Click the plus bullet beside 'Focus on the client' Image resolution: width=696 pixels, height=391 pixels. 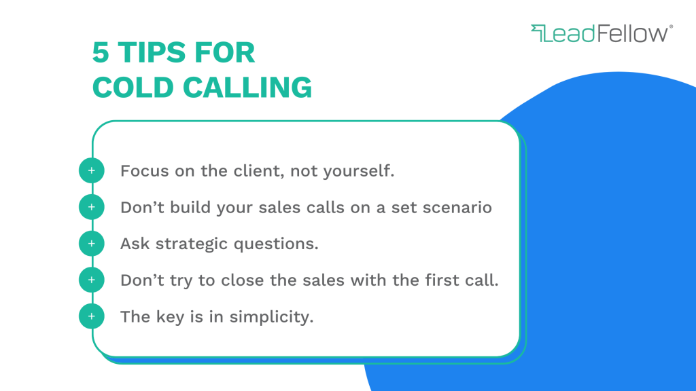tap(92, 170)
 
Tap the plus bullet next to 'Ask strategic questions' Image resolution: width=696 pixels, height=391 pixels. tap(92, 244)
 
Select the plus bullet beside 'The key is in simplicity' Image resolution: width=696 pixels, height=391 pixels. tap(92, 316)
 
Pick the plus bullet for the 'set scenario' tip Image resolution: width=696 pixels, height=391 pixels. tap(92, 207)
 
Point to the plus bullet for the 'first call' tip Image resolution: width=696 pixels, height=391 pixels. tap(92, 280)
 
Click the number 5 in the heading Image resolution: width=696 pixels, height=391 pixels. tap(101, 52)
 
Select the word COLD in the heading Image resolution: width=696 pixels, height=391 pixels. tap(133, 87)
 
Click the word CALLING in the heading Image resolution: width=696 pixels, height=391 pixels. tap(247, 87)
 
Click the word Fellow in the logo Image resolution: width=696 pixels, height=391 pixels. tap(633, 34)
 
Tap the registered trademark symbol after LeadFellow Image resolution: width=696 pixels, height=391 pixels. tap(671, 26)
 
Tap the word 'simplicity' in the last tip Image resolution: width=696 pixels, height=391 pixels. tap(271, 317)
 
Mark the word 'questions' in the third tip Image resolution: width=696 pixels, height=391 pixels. tap(276, 244)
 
